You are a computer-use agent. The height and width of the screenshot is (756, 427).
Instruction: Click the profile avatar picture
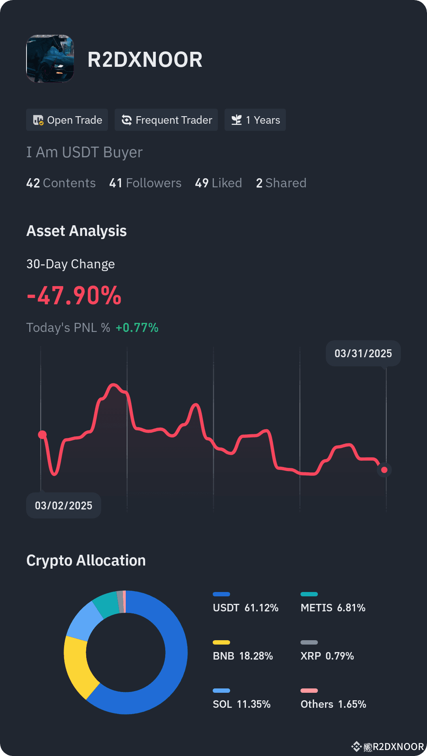[50, 58]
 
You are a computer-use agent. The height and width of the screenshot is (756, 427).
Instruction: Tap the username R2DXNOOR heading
[145, 60]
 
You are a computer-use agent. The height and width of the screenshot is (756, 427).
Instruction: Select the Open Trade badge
[67, 120]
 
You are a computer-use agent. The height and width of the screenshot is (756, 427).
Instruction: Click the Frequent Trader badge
[166, 120]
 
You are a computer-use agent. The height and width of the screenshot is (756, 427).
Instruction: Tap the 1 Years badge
[255, 120]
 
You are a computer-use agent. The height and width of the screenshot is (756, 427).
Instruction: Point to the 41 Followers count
[145, 183]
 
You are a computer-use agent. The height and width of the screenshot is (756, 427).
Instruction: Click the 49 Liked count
[218, 183]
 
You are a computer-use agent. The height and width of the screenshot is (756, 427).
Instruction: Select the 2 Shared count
[281, 183]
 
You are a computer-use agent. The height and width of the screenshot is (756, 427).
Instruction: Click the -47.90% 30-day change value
[74, 296]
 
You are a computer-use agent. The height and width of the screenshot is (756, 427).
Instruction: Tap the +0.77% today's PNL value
[137, 328]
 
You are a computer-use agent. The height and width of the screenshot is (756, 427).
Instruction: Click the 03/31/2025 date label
[363, 353]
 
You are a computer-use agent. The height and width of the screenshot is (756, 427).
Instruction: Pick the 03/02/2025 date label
[64, 505]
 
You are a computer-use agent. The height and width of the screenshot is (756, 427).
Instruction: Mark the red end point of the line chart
[384, 470]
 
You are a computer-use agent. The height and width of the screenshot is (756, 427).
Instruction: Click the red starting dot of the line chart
[42, 435]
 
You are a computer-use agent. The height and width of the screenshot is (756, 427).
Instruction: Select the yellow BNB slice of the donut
[77, 664]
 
